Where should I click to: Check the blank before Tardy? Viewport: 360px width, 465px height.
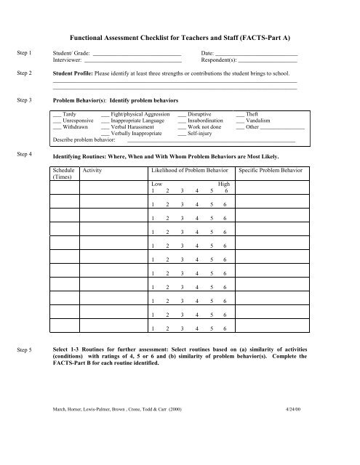tap(57, 115)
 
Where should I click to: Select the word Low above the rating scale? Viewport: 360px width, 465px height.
tap(156, 184)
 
